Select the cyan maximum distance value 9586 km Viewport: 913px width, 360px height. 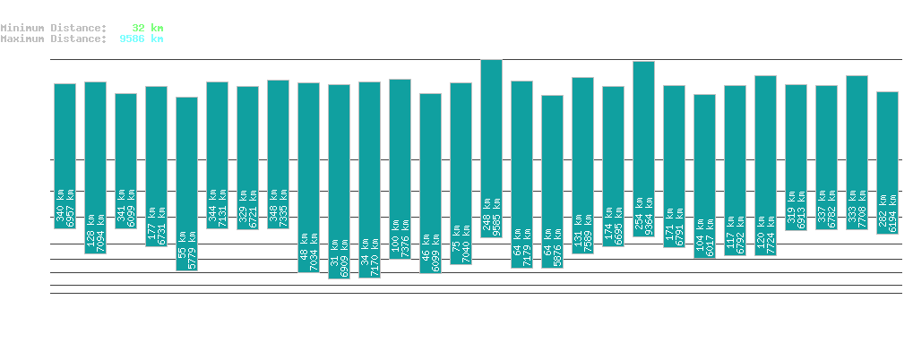[141, 39]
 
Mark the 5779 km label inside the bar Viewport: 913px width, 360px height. [192, 239]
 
